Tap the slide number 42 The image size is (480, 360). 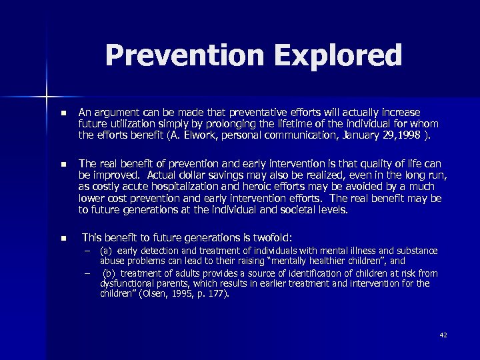(x=443, y=335)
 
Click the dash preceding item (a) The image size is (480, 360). (x=87, y=251)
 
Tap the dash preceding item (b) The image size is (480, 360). (x=87, y=273)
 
